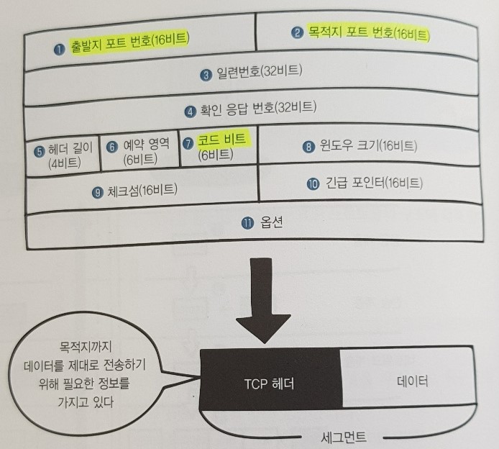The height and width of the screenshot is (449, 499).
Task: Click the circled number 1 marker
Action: pos(60,50)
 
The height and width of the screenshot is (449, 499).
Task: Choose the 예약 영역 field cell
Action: pos(138,151)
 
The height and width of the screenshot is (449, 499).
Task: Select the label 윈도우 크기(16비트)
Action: pos(367,146)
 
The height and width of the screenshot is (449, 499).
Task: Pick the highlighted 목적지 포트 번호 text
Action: pos(367,32)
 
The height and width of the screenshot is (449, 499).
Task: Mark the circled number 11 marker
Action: pos(247,223)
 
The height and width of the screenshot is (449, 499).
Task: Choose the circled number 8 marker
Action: pos(308,146)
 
